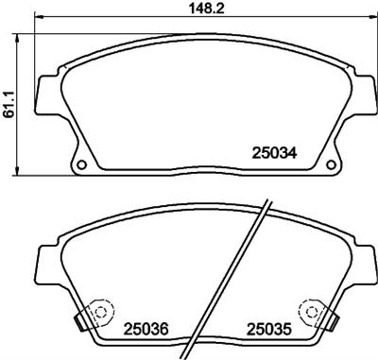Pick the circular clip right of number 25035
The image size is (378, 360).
tap(310, 311)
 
